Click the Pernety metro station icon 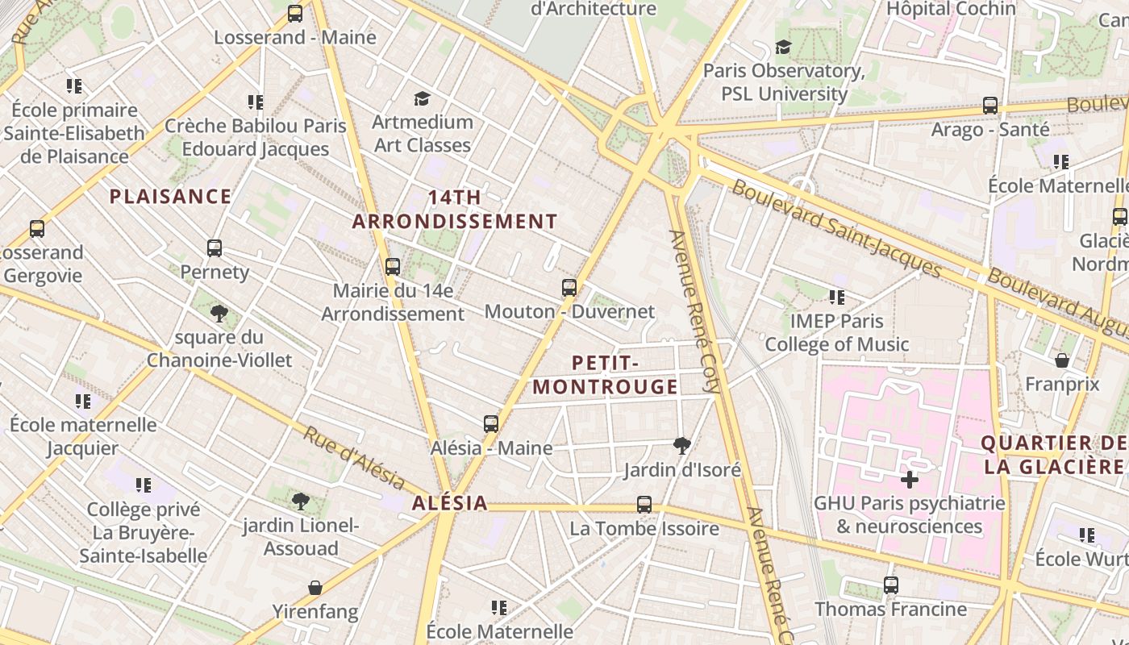[214, 248]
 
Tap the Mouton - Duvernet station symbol [569, 288]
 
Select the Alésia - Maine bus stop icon [491, 424]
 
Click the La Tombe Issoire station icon [644, 505]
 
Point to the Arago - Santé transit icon [990, 106]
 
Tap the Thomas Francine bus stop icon [891, 585]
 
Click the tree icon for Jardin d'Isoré [682, 446]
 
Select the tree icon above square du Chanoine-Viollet [219, 314]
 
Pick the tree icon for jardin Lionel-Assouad [301, 502]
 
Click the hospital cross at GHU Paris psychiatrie [910, 481]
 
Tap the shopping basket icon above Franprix [1062, 360]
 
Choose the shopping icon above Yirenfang [315, 588]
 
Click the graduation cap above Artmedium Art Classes [422, 99]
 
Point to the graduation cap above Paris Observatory [783, 48]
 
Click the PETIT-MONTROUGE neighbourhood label [605, 375]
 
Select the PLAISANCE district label [170, 197]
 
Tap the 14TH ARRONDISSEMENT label [455, 209]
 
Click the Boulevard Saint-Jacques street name [835, 228]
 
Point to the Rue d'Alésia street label [354, 457]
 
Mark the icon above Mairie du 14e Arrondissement [393, 267]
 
